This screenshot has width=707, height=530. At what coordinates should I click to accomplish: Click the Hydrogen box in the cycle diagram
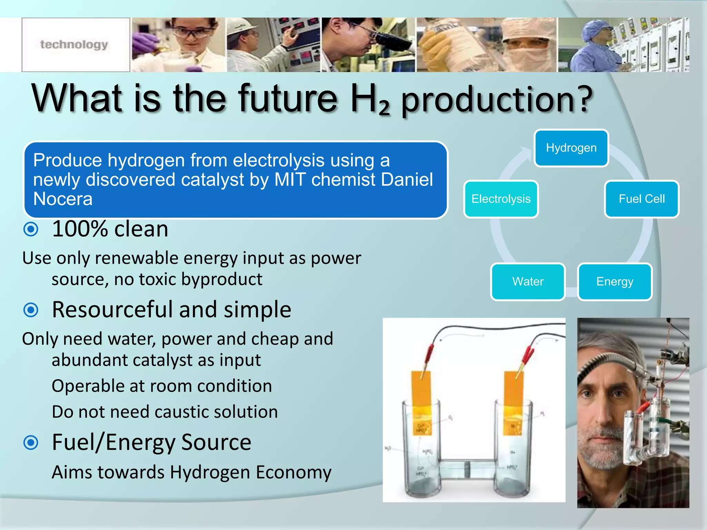pos(571,148)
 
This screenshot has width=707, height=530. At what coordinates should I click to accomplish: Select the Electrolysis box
pos(501,199)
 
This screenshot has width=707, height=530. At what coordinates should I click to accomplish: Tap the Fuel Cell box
pos(641,199)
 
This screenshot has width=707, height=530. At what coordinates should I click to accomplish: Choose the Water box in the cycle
pos(527,282)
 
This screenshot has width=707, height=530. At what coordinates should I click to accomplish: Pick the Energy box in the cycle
pos(615,282)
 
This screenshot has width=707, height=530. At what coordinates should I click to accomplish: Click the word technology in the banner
pos(74,45)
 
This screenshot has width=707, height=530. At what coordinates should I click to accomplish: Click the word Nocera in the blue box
pos(63,199)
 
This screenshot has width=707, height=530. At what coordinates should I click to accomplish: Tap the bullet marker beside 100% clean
pos(31,229)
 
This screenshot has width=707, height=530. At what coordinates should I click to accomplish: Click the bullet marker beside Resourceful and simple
pos(31,310)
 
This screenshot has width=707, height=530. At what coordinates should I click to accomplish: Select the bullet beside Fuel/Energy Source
pos(31,443)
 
